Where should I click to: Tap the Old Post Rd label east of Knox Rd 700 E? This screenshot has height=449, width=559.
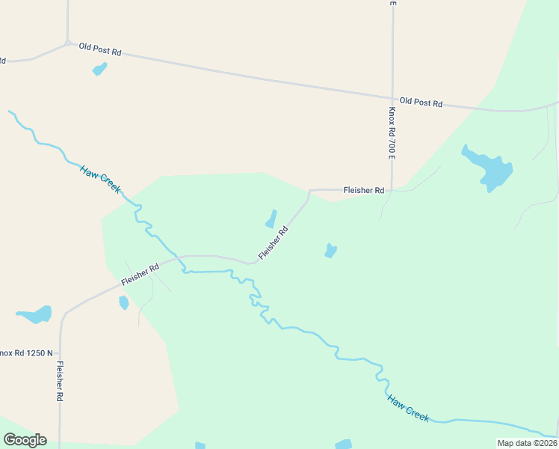coord(421,103)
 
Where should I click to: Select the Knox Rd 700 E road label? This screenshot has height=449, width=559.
coord(392,132)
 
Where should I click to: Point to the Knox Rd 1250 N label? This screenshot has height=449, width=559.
coord(27,352)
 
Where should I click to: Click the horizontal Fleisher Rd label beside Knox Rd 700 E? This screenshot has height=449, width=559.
coord(363,191)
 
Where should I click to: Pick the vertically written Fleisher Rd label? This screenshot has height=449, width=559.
coord(59,382)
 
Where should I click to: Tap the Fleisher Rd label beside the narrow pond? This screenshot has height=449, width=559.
coord(274,244)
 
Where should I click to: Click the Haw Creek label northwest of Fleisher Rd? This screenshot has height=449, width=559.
coord(99,180)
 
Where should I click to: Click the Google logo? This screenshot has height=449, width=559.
coord(25,440)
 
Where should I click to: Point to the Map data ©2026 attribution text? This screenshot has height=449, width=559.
coord(526,443)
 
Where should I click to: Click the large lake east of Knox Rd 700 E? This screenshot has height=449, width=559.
coord(489,169)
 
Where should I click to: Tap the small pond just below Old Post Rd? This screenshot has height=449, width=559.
coord(99,69)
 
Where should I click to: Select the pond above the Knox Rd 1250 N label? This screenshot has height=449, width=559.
coord(35,314)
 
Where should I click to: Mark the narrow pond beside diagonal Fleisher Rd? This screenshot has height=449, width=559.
coord(271,219)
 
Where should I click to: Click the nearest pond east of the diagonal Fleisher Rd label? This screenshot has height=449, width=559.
coord(330,251)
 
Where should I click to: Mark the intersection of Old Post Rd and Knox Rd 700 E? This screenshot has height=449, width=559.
coord(392,97)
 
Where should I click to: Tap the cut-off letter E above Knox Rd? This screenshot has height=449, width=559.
coord(392,3)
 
